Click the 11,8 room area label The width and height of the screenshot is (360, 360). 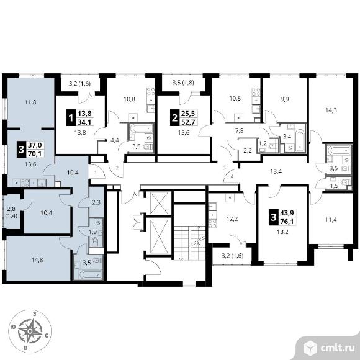coord(30,102)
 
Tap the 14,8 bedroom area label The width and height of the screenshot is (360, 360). coord(37,260)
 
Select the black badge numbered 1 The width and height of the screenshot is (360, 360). coord(71,118)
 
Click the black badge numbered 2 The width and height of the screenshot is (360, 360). coord(174,118)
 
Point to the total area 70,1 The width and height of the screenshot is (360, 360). coord(35,153)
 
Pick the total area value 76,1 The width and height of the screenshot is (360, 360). coord(287,222)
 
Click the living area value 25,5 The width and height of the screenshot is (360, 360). coord(188,114)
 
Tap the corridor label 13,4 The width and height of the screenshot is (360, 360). coord(276,171)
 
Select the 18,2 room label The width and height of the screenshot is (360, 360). coord(282,232)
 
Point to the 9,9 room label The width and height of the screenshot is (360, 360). coord(284,99)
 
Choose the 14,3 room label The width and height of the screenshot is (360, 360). coord(331,110)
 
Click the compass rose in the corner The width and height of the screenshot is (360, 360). coord(30,331)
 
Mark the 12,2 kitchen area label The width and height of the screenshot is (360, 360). coord(232,219)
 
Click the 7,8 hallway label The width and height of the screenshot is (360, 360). coord(240,130)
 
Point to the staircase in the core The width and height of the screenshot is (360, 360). coord(189,243)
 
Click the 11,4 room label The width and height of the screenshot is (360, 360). coord(331,220)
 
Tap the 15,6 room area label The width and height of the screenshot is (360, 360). coord(184,132)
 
